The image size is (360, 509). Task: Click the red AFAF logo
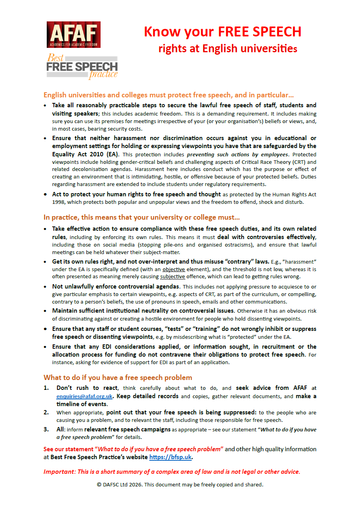click(x=73, y=35)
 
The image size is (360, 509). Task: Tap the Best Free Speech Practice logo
click(x=82, y=66)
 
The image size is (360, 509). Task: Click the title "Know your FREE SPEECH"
click(x=223, y=32)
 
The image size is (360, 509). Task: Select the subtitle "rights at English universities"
click(x=228, y=49)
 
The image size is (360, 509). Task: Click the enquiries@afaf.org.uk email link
click(x=85, y=396)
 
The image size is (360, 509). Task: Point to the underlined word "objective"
click(x=174, y=270)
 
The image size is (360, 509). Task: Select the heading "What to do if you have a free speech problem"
click(x=118, y=377)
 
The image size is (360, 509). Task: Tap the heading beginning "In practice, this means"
click(x=141, y=217)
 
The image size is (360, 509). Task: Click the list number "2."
click(x=47, y=412)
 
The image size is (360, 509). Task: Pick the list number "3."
click(x=47, y=429)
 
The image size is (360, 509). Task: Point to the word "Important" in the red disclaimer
click(x=59, y=471)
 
